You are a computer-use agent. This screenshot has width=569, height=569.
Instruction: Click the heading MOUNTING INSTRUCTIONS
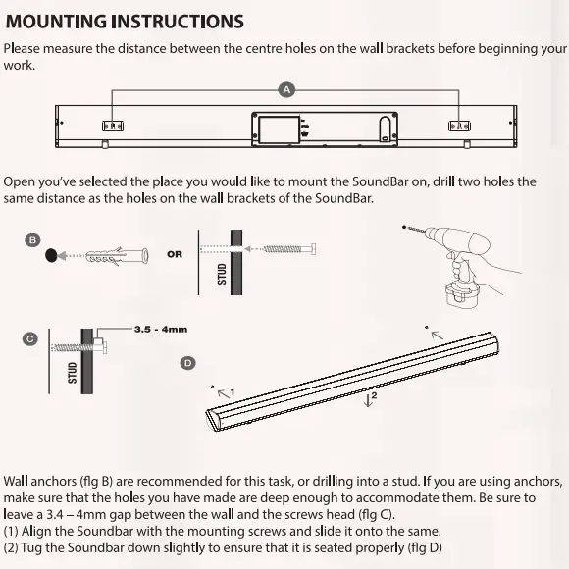tap(125, 20)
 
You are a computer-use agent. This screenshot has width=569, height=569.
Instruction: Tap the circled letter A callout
tap(287, 89)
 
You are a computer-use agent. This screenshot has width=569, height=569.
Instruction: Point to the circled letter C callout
tap(30, 338)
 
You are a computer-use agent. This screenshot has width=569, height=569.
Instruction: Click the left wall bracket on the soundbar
tap(114, 126)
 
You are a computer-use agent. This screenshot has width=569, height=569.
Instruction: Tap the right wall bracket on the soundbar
tap(460, 126)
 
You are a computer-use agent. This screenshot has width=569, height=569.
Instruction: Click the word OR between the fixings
tap(175, 254)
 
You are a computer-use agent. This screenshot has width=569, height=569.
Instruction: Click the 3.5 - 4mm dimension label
tap(161, 330)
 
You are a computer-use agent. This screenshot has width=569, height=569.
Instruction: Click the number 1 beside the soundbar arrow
tap(232, 392)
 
